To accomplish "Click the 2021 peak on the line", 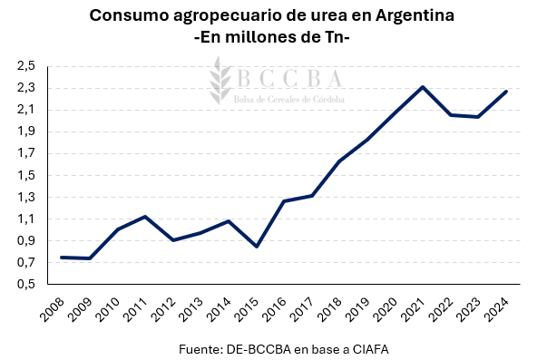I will pyautogui.click(x=423, y=87).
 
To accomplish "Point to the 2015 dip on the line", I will pyautogui.click(x=257, y=247).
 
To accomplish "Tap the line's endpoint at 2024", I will pyautogui.click(x=506, y=91).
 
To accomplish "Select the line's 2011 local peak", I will pyautogui.click(x=145, y=217).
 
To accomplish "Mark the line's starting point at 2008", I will pyautogui.click(x=62, y=258).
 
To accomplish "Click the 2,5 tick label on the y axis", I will pyautogui.click(x=25, y=66).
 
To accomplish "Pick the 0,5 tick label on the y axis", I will pyautogui.click(x=25, y=285).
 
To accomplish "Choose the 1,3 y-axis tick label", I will pyautogui.click(x=25, y=198).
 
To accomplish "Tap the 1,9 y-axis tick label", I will pyautogui.click(x=25, y=131).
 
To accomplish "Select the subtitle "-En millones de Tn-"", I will pyautogui.click(x=272, y=37).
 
